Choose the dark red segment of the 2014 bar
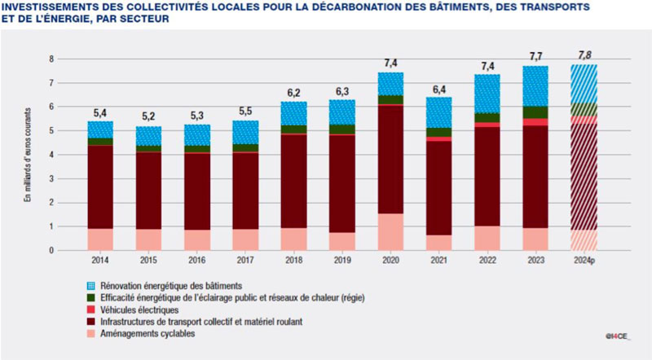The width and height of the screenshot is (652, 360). pos(100,187)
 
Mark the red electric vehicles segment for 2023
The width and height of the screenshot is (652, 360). pos(535,122)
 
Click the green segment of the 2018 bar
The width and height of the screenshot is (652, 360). pos(293,129)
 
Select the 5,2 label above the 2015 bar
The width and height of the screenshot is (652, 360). pos(148,116)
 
